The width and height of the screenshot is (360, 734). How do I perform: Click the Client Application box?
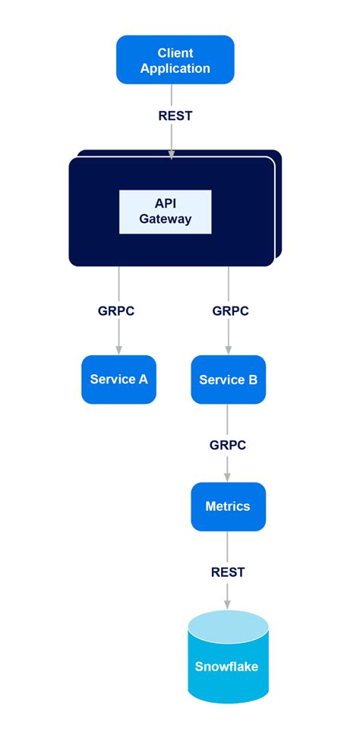[x=175, y=60]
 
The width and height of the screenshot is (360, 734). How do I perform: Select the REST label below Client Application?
[x=175, y=116]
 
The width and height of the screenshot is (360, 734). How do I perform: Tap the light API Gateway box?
[x=165, y=212]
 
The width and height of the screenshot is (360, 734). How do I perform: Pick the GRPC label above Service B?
[x=230, y=311]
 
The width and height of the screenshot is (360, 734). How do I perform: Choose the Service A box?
[x=118, y=380]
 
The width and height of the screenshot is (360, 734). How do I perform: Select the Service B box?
[x=228, y=380]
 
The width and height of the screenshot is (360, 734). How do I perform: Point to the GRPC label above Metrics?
[x=228, y=446]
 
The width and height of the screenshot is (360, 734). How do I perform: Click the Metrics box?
[x=228, y=506]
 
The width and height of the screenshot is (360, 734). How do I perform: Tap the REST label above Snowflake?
[x=228, y=572]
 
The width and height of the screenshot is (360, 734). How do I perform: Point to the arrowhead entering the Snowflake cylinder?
[x=228, y=603]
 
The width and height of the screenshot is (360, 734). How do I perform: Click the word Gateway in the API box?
[x=165, y=219]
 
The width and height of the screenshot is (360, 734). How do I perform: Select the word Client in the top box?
[x=175, y=52]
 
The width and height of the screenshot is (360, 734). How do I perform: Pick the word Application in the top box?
[x=175, y=68]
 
